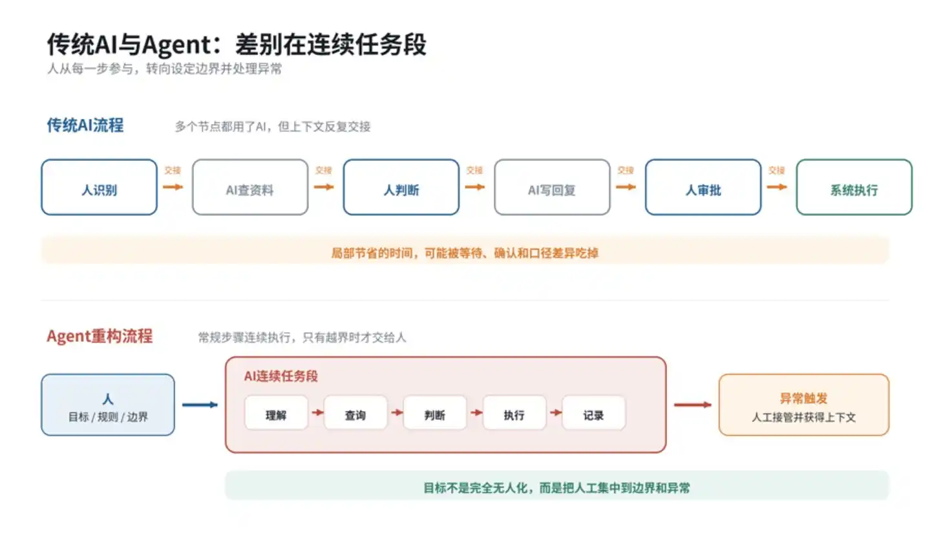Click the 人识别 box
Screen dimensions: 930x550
[x=100, y=187]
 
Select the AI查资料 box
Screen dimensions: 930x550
[x=250, y=187]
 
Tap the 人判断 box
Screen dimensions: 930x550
[x=401, y=187]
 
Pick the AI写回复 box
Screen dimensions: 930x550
[x=552, y=187]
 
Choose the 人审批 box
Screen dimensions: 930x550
[x=703, y=187]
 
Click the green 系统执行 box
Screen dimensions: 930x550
[x=854, y=187]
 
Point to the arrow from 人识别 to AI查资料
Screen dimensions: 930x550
[x=173, y=187]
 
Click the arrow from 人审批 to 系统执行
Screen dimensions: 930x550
[x=777, y=187]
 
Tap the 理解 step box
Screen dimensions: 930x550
[x=276, y=412]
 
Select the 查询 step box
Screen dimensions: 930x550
[x=355, y=412]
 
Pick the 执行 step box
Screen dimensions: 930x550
[x=514, y=412]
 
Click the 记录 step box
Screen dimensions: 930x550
[x=593, y=412]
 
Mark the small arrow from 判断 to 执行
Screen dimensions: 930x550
[x=476, y=412]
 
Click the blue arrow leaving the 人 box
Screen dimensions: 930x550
[x=200, y=405]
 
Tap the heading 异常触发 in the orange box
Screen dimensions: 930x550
[x=804, y=399]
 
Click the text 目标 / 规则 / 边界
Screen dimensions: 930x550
[x=108, y=417]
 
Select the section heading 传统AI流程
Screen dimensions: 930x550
[x=85, y=125]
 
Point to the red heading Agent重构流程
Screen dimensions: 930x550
[x=100, y=336]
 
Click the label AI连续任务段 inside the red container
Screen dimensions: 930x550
[x=280, y=376]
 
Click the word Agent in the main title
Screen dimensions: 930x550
[x=177, y=45]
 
